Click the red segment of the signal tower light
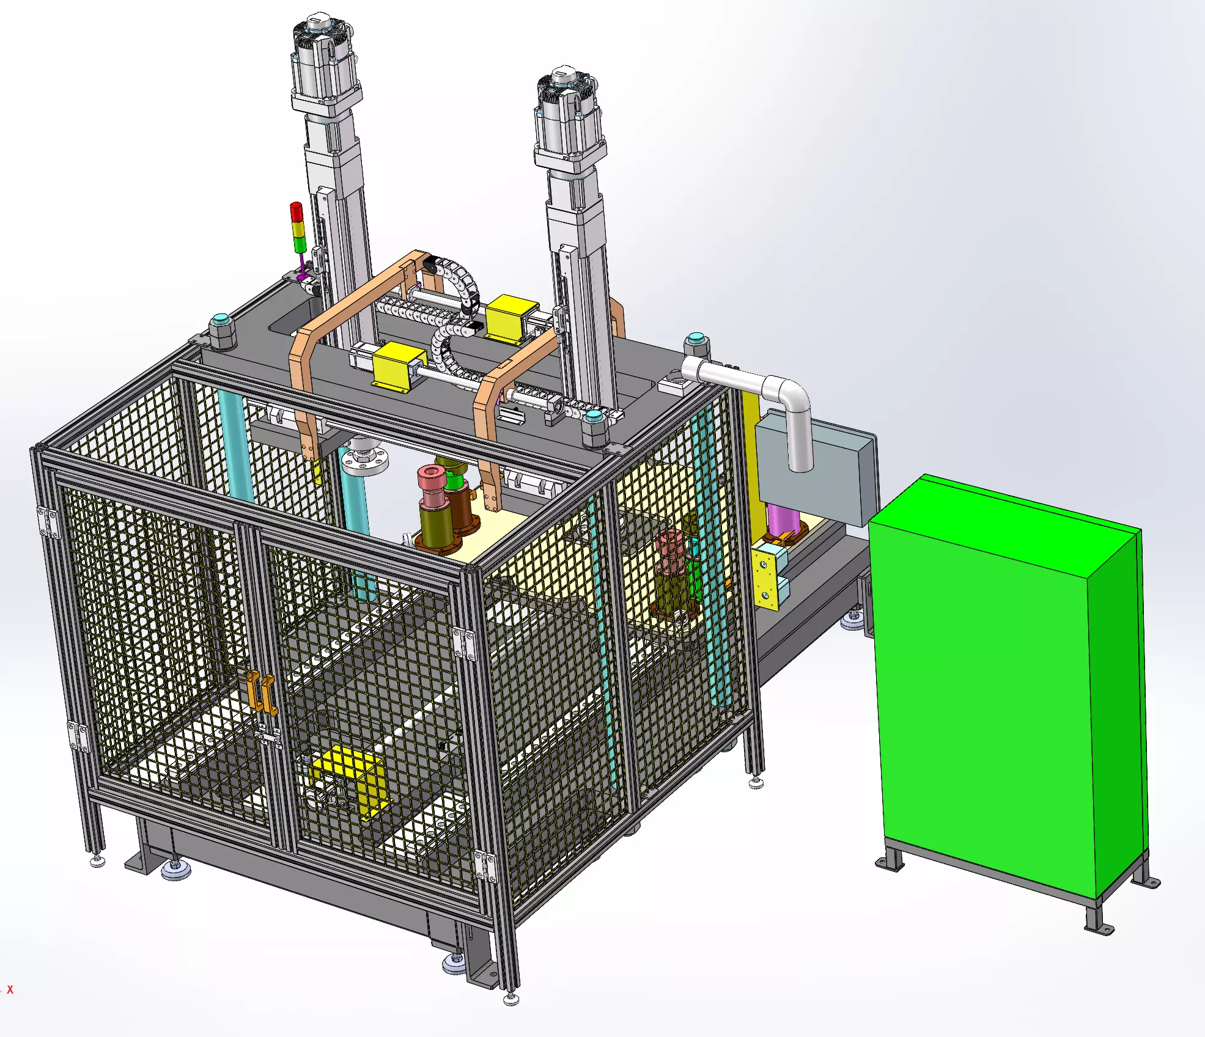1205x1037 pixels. (296, 212)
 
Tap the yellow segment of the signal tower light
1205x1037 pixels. (298, 229)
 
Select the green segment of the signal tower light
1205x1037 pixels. (300, 244)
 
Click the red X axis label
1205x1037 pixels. (10, 989)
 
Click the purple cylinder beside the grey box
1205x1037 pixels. (783, 519)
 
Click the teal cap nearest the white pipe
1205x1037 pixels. (695, 339)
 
